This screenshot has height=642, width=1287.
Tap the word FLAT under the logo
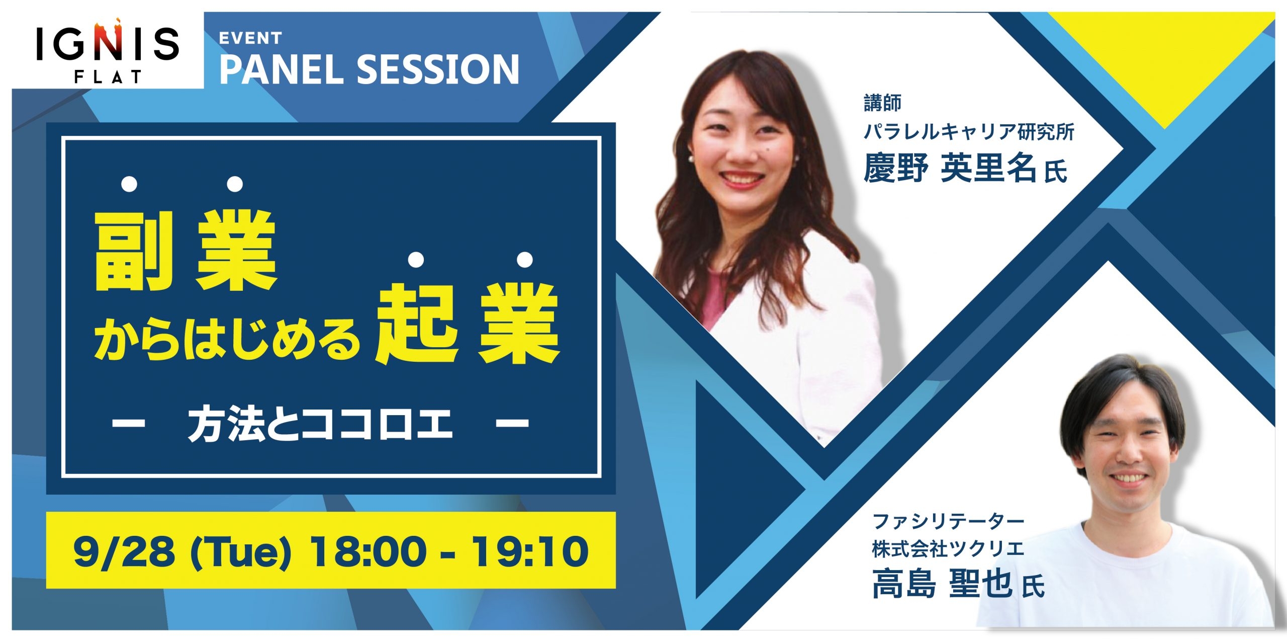point(108,77)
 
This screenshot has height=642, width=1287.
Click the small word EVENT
point(250,38)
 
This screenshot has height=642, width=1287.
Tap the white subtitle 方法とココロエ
point(320,424)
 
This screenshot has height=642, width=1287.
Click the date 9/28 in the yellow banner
point(124,551)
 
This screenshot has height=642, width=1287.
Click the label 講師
point(882,103)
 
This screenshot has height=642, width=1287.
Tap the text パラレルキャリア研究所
point(969,132)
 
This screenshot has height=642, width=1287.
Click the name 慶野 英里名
point(950,168)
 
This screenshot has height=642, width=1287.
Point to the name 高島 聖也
point(942,584)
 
